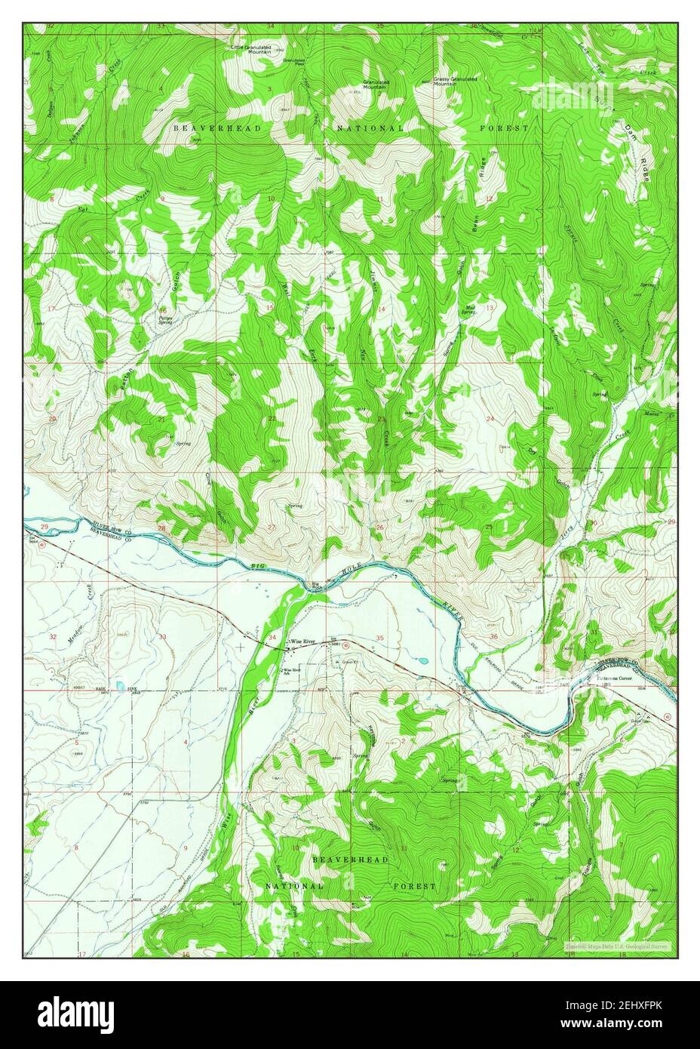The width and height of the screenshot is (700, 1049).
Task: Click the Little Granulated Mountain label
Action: coord(250,50)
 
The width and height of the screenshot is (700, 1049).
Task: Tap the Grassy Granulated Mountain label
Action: coord(455,81)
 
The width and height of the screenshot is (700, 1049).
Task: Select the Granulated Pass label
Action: coord(294,62)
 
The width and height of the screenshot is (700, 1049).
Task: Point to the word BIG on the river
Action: coord(259,564)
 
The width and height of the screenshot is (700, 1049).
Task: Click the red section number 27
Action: coord(272,528)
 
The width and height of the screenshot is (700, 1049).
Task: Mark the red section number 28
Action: coord(161,528)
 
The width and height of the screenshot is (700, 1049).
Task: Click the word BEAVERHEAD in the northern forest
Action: coord(217,129)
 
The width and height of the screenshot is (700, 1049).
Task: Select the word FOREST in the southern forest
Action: coord(413,886)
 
